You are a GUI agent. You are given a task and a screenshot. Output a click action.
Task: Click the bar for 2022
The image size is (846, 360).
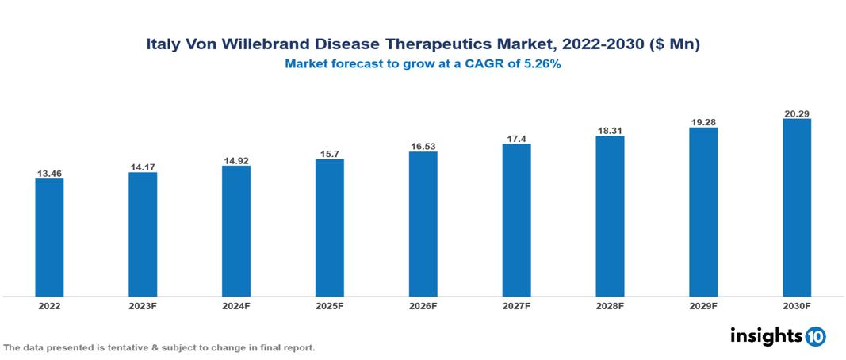[x=49, y=237]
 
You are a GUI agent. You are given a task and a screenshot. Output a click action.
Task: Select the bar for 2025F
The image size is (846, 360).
[x=329, y=228]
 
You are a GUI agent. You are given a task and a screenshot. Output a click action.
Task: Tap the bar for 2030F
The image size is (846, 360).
[x=796, y=208]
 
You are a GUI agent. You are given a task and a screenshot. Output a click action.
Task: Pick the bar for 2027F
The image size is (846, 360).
[x=516, y=220]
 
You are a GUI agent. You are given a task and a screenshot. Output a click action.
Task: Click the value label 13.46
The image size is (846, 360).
[x=49, y=173]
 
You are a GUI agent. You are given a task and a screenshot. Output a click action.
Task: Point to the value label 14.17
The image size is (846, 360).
[x=143, y=167]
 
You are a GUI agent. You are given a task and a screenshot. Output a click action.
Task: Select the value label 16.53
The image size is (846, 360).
[x=423, y=146]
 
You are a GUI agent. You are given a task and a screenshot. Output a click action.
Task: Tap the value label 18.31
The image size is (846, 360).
[x=610, y=130]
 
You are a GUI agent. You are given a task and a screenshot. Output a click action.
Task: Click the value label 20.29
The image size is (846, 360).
[x=796, y=113]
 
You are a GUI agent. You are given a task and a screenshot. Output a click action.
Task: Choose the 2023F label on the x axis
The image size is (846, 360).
[x=143, y=305]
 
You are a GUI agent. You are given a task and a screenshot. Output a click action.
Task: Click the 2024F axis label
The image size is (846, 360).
[x=236, y=305]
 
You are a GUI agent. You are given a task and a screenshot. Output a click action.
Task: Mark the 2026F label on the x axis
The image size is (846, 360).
[x=423, y=305]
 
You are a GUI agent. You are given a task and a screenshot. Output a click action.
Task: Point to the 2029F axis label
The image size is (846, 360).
[x=703, y=305]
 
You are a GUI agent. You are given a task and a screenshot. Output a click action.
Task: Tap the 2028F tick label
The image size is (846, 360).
[x=610, y=305]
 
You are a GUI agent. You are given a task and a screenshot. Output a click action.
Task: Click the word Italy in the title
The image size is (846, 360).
[x=163, y=45]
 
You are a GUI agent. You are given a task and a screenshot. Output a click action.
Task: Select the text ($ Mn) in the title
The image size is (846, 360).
[x=674, y=45]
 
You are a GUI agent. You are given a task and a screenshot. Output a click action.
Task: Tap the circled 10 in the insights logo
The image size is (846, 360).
[x=815, y=336]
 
